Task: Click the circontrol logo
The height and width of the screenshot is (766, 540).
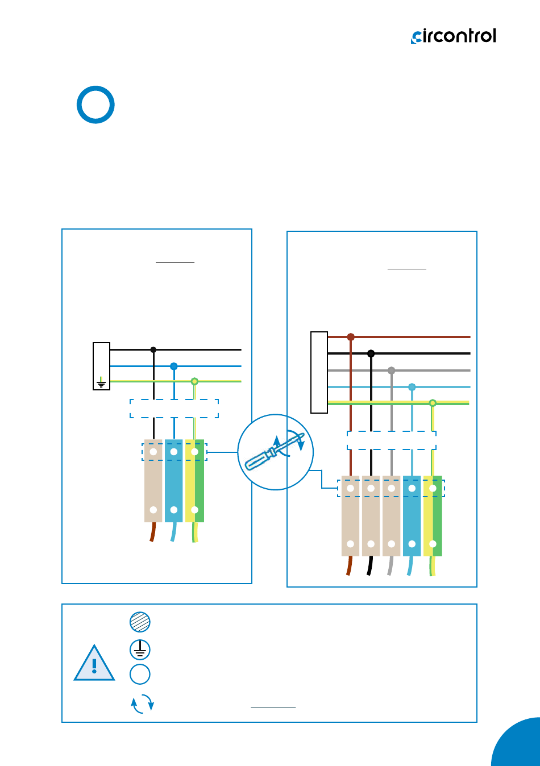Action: [x=453, y=36]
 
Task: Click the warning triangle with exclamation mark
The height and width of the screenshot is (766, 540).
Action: [x=94, y=663]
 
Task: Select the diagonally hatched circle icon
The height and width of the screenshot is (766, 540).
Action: [x=140, y=622]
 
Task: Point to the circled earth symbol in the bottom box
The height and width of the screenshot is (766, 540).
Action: [x=140, y=650]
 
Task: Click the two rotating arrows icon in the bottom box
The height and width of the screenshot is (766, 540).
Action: [x=142, y=703]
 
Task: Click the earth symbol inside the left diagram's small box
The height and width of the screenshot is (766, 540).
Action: [x=101, y=382]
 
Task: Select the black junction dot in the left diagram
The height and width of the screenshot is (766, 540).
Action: [x=153, y=350]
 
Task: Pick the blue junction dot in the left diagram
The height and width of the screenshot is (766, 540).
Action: [x=174, y=367]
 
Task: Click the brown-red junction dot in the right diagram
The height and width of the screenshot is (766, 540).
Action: [x=351, y=337]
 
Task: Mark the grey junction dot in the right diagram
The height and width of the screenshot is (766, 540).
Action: [x=392, y=370]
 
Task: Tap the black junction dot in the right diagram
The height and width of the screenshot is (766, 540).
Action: [x=371, y=353]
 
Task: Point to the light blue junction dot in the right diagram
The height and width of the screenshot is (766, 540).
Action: [x=412, y=387]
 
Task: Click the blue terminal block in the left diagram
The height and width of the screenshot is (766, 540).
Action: [x=174, y=481]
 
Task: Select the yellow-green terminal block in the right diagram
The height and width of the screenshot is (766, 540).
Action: [x=433, y=515]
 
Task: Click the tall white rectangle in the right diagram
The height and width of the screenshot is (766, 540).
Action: [x=319, y=372]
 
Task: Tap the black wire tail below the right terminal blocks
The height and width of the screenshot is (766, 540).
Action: [x=369, y=565]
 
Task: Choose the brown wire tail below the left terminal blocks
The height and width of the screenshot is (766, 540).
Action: [x=153, y=532]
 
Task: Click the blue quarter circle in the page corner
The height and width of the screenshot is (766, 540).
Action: [x=518, y=743]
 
